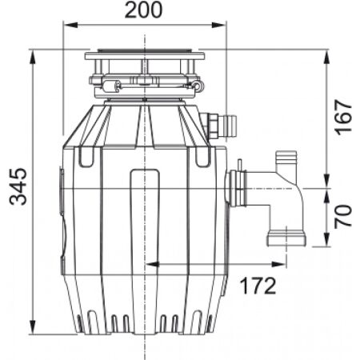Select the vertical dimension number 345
18,187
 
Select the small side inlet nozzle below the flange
218,124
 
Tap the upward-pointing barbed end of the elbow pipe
284,162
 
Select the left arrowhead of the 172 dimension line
150,266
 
